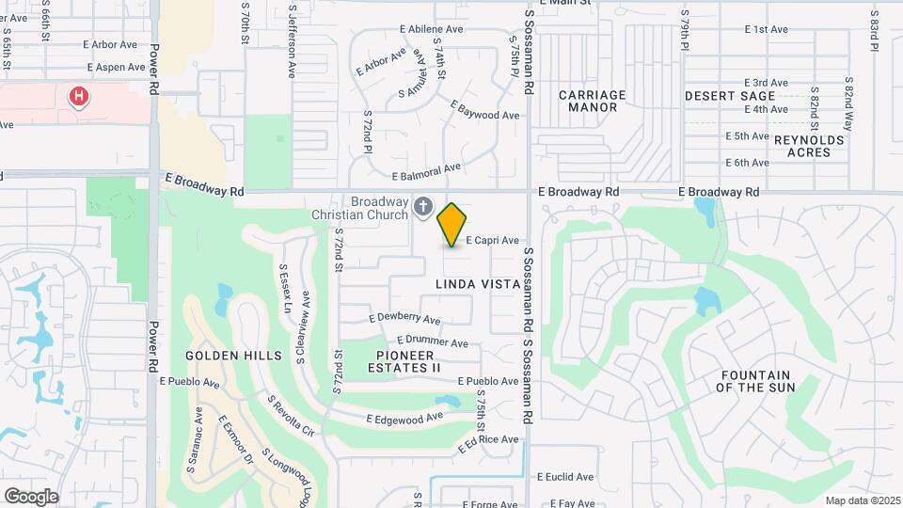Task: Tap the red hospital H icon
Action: [79, 96]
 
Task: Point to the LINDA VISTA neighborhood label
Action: [479, 283]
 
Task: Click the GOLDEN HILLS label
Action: [233, 356]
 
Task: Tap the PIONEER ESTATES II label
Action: [408, 361]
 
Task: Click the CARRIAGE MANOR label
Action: [593, 101]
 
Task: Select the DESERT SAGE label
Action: [730, 96]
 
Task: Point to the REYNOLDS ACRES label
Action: [810, 146]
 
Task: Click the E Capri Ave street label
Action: [492, 241]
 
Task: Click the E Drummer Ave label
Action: [433, 342]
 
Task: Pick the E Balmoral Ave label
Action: [427, 172]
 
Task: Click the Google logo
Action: [31, 497]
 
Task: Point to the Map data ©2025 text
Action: [863, 500]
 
